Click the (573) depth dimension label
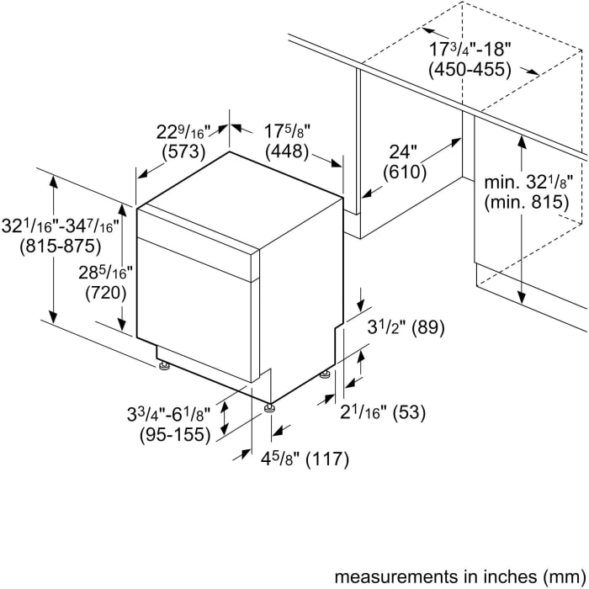point(184,151)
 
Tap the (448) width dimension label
point(287,151)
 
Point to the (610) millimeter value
point(405,172)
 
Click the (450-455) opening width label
point(470,70)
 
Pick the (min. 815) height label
point(527,203)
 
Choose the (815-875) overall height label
point(61,247)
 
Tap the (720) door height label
point(106,294)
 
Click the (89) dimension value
point(428,327)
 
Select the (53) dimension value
point(409,412)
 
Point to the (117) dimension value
point(327,459)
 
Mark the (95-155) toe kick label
point(175,435)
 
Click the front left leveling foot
point(164,365)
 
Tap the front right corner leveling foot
point(269,408)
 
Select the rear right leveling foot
point(326,374)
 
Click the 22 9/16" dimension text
point(185,132)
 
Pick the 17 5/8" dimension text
point(288,131)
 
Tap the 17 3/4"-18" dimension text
point(470,49)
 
